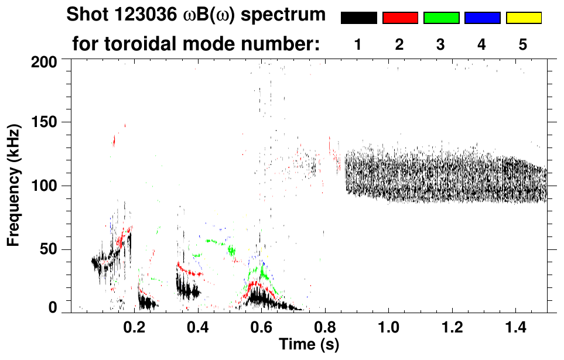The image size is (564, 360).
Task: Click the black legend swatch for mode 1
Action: [x=359, y=18]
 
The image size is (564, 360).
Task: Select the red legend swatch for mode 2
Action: [x=400, y=18]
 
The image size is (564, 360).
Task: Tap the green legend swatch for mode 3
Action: [x=441, y=18]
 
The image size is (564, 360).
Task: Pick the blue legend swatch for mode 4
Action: [x=482, y=18]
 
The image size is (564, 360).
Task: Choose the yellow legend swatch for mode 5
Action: [x=523, y=18]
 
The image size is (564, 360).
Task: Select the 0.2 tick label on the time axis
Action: [x=134, y=327]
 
